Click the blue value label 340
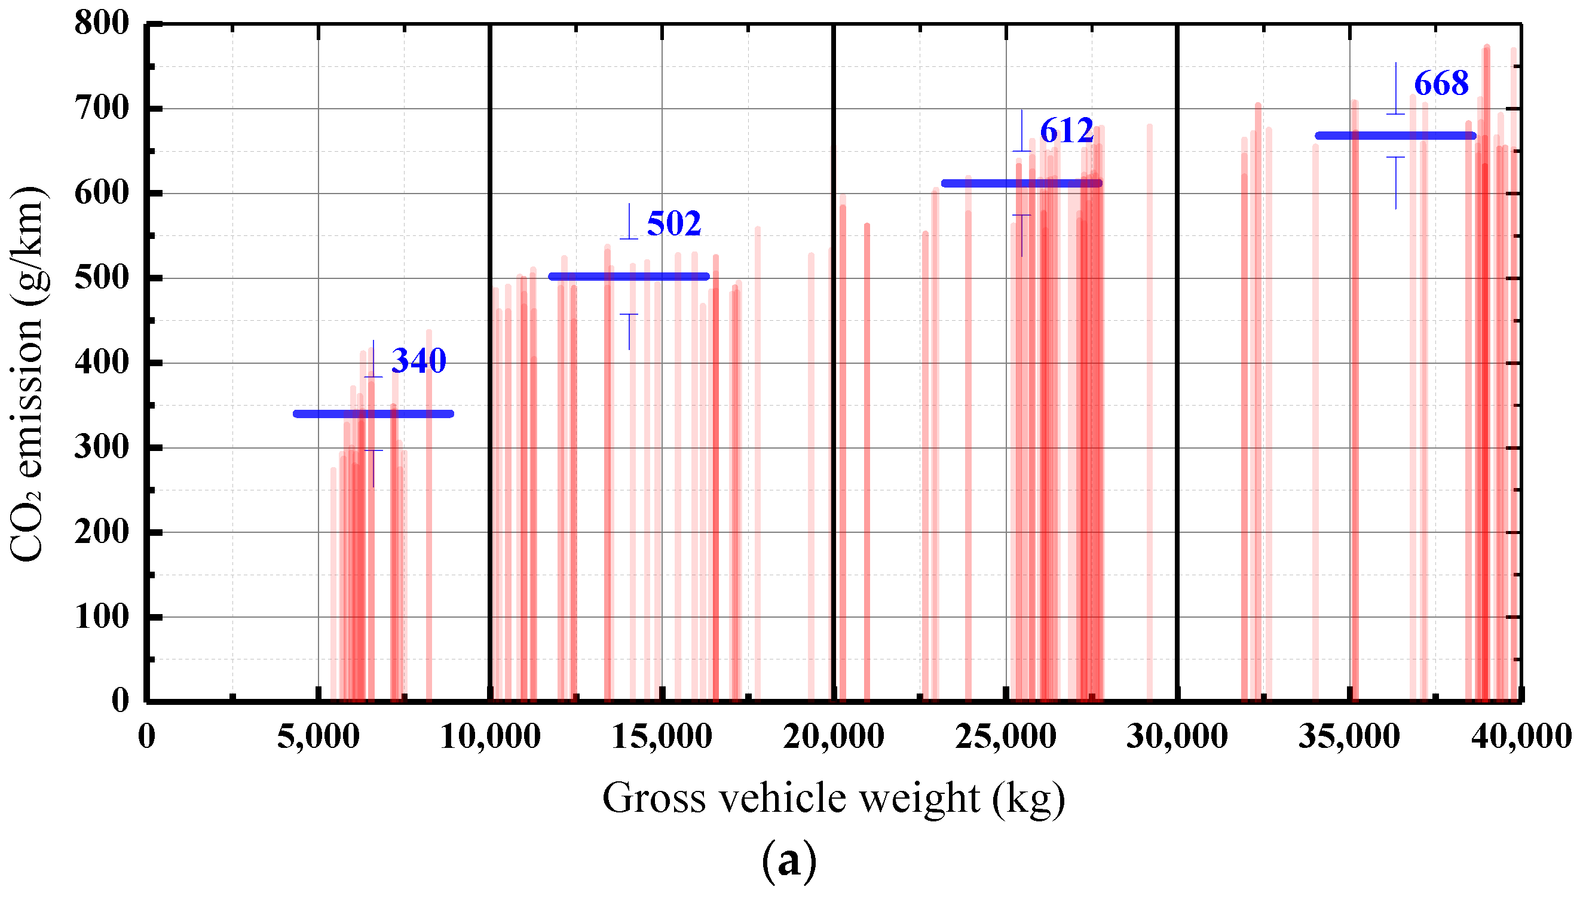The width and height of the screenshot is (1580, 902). pyautogui.click(x=419, y=361)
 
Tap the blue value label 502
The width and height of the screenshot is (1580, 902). pyautogui.click(x=673, y=223)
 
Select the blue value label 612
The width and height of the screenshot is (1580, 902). pyautogui.click(x=1066, y=131)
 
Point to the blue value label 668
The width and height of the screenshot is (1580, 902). pyautogui.click(x=1441, y=84)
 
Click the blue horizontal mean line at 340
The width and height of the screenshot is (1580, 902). pyautogui.click(x=373, y=414)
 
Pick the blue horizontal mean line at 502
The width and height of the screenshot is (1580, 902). pyautogui.click(x=628, y=277)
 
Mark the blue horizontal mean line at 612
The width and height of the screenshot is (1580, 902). pyautogui.click(x=1021, y=183)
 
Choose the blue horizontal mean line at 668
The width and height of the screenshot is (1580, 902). pyautogui.click(x=1395, y=136)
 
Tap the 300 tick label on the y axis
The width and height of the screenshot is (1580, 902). pyautogui.click(x=102, y=447)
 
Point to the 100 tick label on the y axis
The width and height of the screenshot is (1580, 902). pyautogui.click(x=102, y=617)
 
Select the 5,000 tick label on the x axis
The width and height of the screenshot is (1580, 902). pyautogui.click(x=318, y=737)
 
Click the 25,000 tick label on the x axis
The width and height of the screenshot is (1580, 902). pyautogui.click(x=1006, y=737)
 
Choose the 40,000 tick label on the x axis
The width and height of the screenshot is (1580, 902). pyautogui.click(x=1521, y=737)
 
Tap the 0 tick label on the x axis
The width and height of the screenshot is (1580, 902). pyautogui.click(x=147, y=737)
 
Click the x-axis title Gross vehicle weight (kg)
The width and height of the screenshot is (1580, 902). pyautogui.click(x=834, y=798)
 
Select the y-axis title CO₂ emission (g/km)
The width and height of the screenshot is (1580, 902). pyautogui.click(x=27, y=373)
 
